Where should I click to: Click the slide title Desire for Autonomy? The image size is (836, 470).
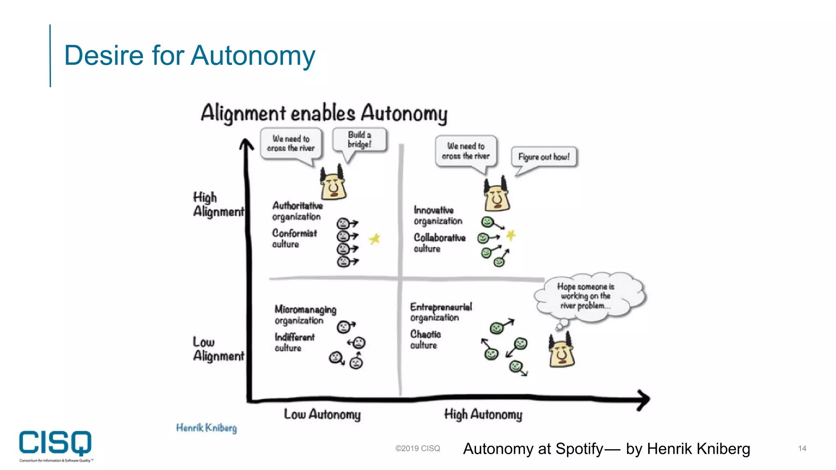(x=189, y=55)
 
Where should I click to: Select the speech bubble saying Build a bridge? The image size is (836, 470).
(x=359, y=140)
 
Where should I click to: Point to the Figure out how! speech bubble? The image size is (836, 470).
(x=544, y=157)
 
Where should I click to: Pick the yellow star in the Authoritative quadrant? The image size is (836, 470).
(x=375, y=239)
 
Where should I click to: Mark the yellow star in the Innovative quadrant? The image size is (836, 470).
(x=511, y=235)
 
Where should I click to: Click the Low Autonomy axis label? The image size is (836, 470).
(x=322, y=415)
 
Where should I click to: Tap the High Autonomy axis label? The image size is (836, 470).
(x=483, y=415)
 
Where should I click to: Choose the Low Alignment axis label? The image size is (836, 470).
(x=218, y=349)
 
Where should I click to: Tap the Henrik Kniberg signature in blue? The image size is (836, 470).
(x=206, y=428)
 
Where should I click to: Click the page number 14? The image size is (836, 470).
(x=802, y=448)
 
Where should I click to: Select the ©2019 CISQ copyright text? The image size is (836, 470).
(x=417, y=448)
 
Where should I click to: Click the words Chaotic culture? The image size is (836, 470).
(x=425, y=340)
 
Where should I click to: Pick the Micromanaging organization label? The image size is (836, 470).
(x=305, y=315)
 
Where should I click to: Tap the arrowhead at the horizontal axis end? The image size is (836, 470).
(x=644, y=399)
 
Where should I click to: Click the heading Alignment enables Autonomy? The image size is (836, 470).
(x=324, y=113)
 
